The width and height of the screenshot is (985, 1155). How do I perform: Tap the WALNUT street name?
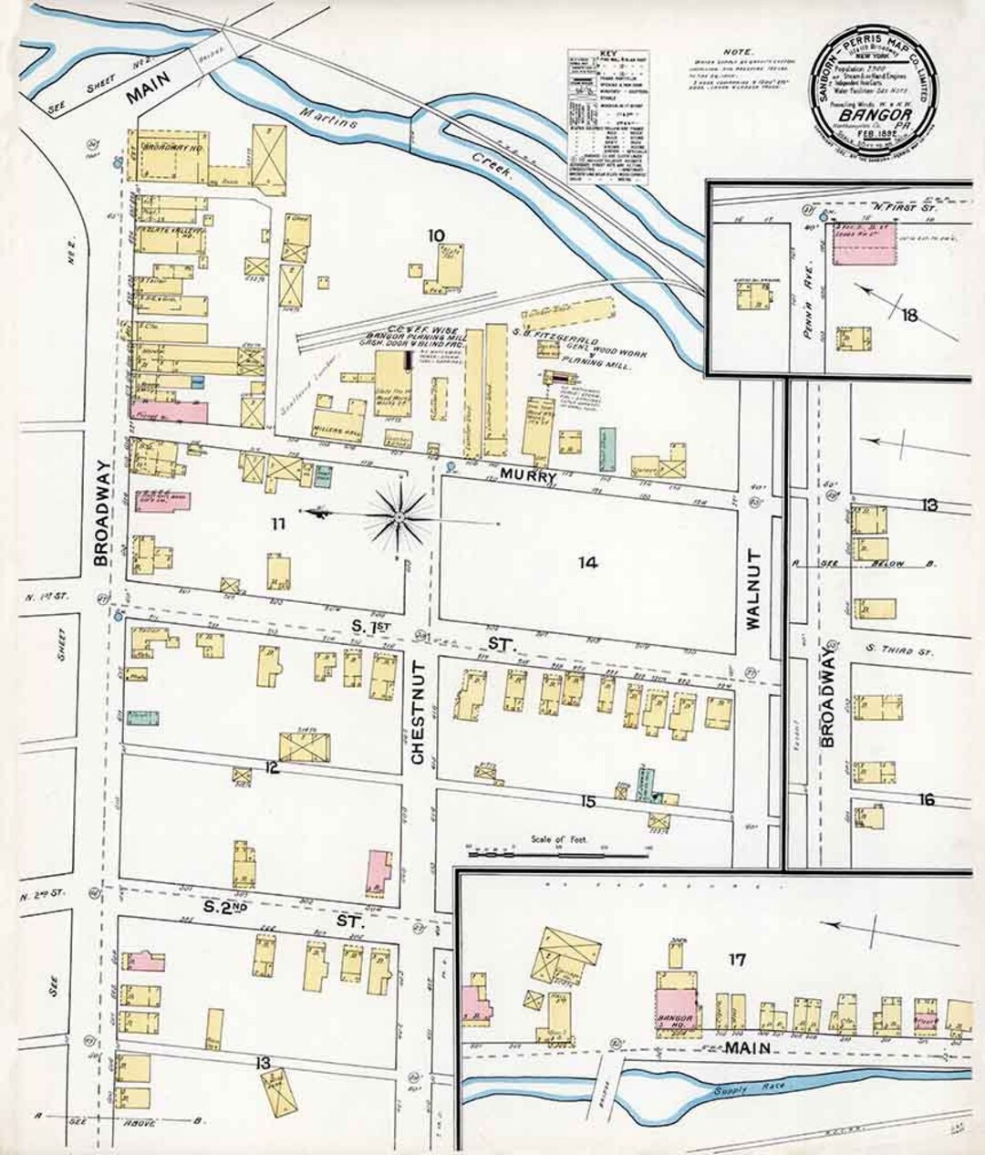[x=752, y=589]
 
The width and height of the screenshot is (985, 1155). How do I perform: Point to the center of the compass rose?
[x=399, y=518]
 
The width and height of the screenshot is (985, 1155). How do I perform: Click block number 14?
[x=587, y=563]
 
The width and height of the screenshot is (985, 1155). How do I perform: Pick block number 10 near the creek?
[x=439, y=235]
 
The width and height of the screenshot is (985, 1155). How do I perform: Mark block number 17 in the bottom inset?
[x=738, y=959]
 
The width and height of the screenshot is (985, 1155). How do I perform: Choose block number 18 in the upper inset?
[x=908, y=317]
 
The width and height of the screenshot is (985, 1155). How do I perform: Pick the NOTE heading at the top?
[x=732, y=54]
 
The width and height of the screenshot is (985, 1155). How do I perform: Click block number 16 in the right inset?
[x=926, y=800]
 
